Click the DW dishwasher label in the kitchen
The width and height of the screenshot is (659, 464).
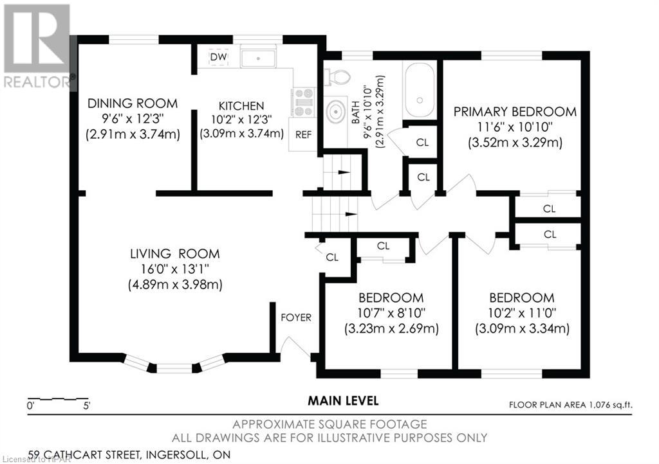coord(218,57)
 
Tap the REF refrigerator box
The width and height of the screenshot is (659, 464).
coord(302,134)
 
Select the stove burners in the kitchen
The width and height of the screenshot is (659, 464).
coord(304,102)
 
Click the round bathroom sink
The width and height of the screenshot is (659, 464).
coord(335,112)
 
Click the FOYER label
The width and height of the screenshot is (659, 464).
coord(296,317)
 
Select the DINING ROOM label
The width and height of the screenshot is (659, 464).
coord(133,103)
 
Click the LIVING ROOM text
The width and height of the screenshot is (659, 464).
coord(175,254)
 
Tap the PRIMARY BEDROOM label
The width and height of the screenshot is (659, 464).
coord(515,112)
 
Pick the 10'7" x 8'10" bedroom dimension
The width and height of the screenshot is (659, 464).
coord(391,313)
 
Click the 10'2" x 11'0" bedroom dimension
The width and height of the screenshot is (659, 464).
coord(522,313)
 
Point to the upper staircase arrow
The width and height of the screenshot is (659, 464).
coord(344,172)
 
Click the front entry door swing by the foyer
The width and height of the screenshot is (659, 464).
coord(296,346)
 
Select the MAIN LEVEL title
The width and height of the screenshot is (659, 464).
coord(344,400)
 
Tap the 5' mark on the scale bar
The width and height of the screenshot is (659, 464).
coord(87,406)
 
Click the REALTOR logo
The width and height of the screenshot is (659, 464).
coord(37,46)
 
